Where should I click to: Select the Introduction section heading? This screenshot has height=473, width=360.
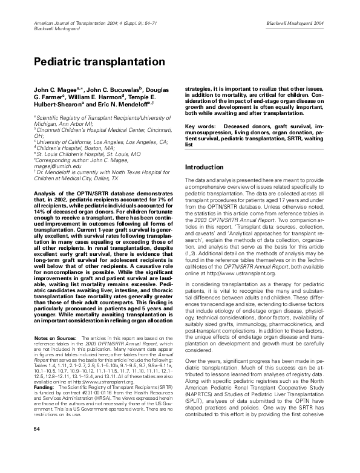[x=204, y=167]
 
